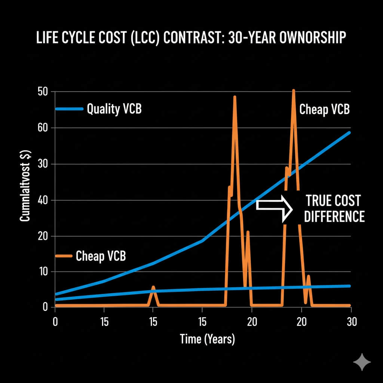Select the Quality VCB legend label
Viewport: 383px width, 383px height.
pos(114,109)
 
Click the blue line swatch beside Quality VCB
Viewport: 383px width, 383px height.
pos(69,109)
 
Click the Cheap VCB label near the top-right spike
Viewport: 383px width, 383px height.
pos(324,109)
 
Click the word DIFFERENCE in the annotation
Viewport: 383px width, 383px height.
pos(334,217)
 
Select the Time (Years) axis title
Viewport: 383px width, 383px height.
pos(207,339)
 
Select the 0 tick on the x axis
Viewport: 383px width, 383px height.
pos(55,321)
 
